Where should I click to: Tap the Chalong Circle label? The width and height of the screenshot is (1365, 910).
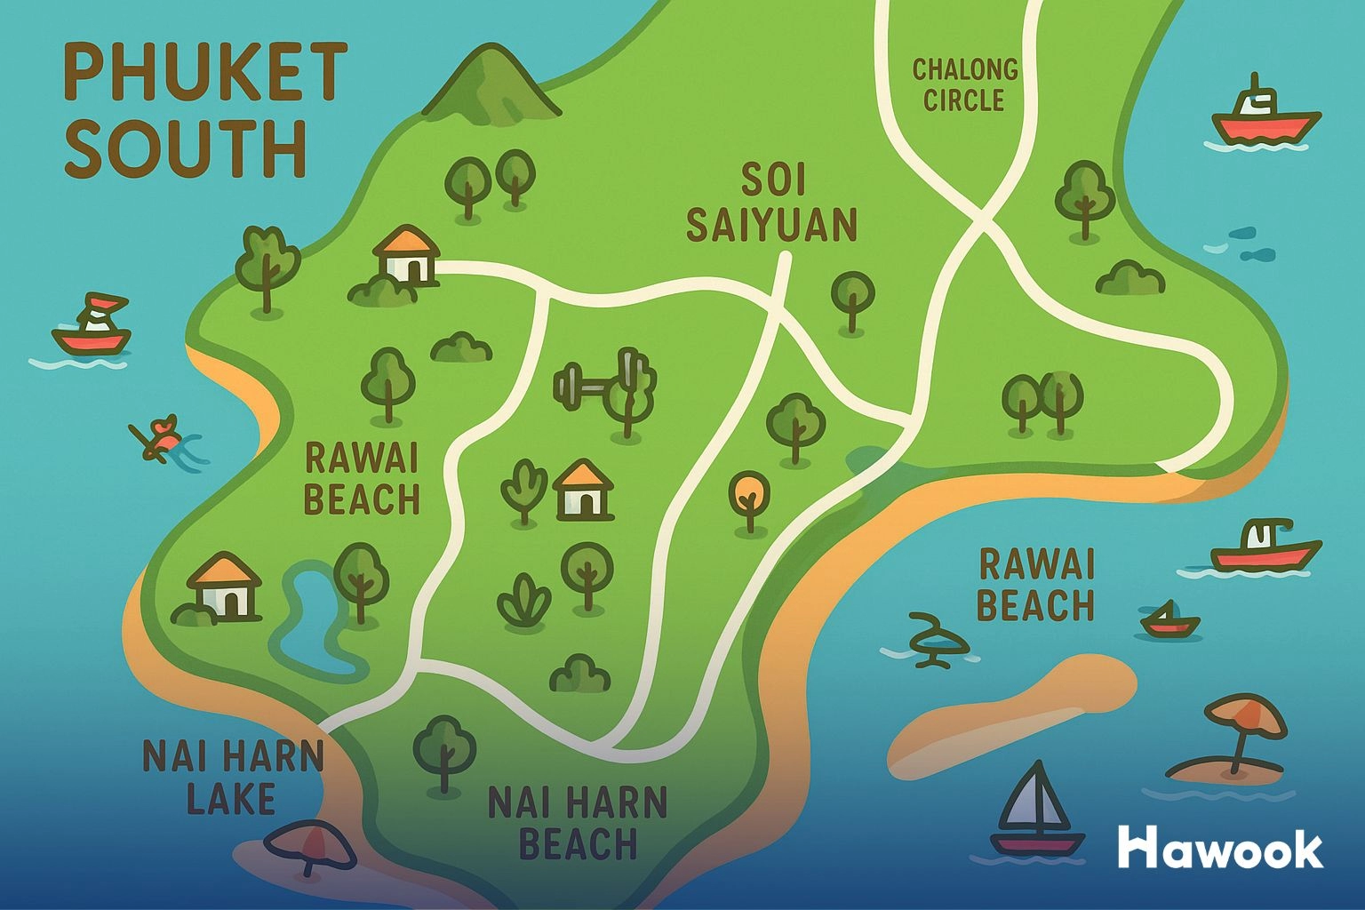(x=964, y=84)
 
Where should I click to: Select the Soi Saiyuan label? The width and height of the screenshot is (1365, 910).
(x=771, y=204)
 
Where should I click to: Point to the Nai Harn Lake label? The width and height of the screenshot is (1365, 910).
(x=233, y=778)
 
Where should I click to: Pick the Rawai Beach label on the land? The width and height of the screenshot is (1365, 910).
(x=361, y=480)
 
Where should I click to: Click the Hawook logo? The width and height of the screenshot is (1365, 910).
(x=1220, y=849)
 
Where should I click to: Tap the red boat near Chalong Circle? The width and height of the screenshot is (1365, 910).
(x=1265, y=116)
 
